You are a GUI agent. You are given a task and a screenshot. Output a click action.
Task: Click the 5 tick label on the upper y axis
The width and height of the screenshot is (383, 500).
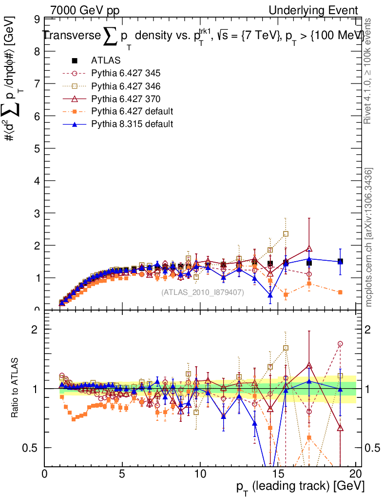(x=37, y=148)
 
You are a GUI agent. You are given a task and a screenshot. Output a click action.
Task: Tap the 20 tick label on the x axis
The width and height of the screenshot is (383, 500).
(x=356, y=474)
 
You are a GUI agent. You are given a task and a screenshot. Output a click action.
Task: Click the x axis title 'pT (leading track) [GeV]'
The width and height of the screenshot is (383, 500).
(x=300, y=488)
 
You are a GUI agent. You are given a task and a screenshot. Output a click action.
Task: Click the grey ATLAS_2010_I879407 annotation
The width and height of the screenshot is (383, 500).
(x=203, y=292)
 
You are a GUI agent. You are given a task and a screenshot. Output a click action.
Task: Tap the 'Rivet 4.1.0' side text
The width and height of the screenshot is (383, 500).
(x=368, y=71)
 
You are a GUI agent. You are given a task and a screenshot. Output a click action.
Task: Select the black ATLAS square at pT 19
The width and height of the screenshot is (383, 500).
(x=340, y=261)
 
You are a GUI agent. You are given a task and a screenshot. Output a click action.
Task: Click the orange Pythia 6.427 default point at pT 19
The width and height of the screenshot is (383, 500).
(x=340, y=292)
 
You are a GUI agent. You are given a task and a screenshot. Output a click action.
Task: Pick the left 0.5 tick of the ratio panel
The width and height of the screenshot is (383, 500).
(x=31, y=448)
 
